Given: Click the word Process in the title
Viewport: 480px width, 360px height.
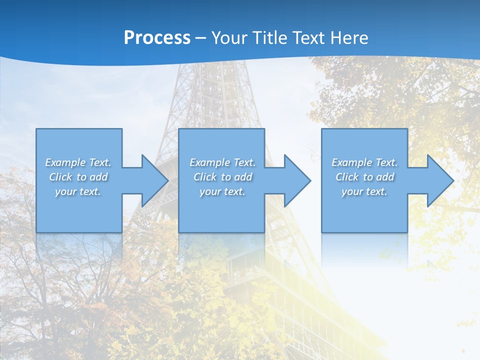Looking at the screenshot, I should (x=157, y=38).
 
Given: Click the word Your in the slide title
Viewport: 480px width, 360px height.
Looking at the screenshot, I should (x=229, y=38).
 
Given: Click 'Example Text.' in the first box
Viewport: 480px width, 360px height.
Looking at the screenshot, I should (x=78, y=162).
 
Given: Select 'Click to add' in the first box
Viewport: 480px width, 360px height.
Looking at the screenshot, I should (x=78, y=177).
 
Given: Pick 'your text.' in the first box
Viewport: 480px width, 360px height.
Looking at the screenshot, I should (x=78, y=191).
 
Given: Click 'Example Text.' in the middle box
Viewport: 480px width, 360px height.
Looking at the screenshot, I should (x=222, y=162).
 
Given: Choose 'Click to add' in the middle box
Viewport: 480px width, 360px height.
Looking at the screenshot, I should (x=222, y=177).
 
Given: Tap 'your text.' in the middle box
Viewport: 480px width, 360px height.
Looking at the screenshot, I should (x=222, y=191).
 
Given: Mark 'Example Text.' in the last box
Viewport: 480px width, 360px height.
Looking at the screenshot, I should (x=364, y=162).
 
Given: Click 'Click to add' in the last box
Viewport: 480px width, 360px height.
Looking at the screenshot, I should (x=364, y=177).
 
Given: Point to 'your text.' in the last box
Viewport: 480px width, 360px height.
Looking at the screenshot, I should (x=364, y=191).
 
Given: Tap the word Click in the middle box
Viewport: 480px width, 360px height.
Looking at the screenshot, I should (x=205, y=177).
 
